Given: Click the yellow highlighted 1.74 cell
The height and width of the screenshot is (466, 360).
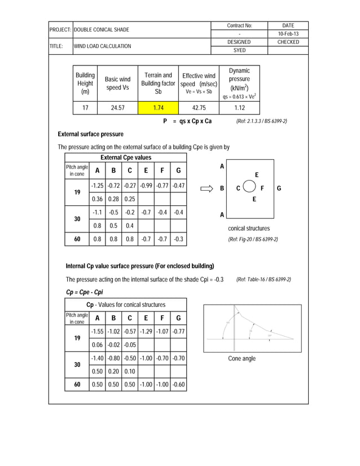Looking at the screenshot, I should click(x=158, y=108).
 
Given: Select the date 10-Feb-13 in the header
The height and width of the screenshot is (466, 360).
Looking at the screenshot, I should click(x=288, y=34).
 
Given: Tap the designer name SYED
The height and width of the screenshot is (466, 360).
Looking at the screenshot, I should click(x=239, y=50).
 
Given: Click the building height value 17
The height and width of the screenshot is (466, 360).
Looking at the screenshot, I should click(x=85, y=108).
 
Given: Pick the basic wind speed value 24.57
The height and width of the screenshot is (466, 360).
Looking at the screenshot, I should click(x=117, y=108).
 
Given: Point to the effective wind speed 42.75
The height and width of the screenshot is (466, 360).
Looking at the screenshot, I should click(x=199, y=108).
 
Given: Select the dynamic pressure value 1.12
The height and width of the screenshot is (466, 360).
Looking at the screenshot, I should click(x=239, y=108).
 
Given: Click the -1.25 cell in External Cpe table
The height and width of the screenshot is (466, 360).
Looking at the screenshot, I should click(x=97, y=186).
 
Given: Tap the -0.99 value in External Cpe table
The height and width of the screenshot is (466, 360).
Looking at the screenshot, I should click(x=146, y=186).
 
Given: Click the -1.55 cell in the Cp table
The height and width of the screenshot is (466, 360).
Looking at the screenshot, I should click(x=97, y=332).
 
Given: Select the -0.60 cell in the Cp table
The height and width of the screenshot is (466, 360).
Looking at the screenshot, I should click(x=178, y=385).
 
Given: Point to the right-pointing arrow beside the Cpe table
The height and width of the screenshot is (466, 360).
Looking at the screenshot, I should click(x=207, y=188).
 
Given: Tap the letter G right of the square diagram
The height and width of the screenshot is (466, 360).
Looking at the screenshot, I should click(x=279, y=188).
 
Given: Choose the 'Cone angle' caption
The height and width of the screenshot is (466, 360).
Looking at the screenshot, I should click(x=242, y=359).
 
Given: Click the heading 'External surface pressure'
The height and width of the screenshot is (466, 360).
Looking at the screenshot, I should click(x=90, y=134).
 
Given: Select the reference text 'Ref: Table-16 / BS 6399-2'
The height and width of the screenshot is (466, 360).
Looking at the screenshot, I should click(x=264, y=279).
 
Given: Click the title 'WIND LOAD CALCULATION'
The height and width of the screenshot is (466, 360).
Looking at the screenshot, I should click(x=102, y=46).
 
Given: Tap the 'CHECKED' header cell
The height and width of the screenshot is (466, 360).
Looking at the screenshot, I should click(x=288, y=42).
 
